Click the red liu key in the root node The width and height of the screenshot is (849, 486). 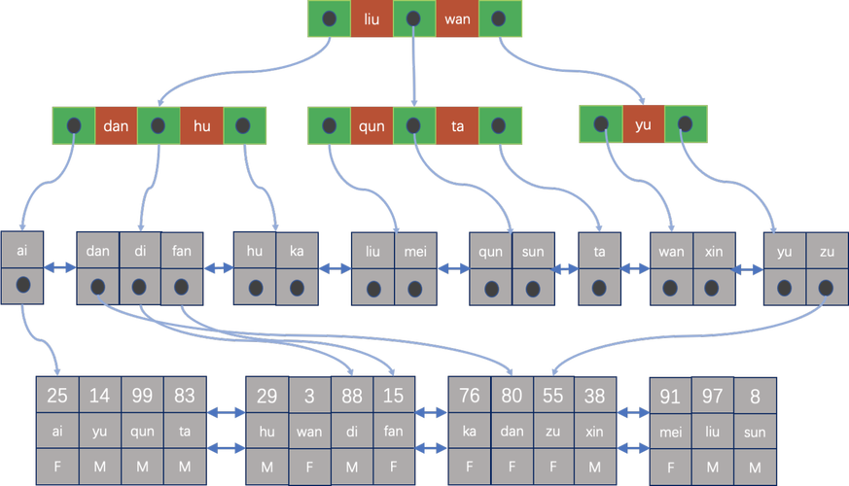point(371,18)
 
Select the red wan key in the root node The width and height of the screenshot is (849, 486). point(456,18)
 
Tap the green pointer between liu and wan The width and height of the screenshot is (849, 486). point(413,18)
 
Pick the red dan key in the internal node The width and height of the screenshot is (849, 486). point(116,125)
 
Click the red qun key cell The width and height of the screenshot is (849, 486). point(371,125)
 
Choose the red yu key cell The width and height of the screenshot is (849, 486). point(643,124)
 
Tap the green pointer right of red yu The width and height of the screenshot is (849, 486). point(686,124)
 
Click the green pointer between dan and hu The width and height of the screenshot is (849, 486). point(159,125)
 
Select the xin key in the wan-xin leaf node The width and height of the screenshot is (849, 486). point(712,252)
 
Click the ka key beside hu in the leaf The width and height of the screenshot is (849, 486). point(298,252)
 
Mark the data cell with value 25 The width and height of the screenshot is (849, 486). point(56,396)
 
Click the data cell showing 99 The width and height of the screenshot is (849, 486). point(142,396)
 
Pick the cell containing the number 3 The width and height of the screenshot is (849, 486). point(309,396)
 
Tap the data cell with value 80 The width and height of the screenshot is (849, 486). point(513,396)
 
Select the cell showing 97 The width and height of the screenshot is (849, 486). point(713,396)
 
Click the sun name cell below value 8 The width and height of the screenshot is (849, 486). point(756,432)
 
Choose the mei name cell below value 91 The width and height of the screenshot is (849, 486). point(670,432)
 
